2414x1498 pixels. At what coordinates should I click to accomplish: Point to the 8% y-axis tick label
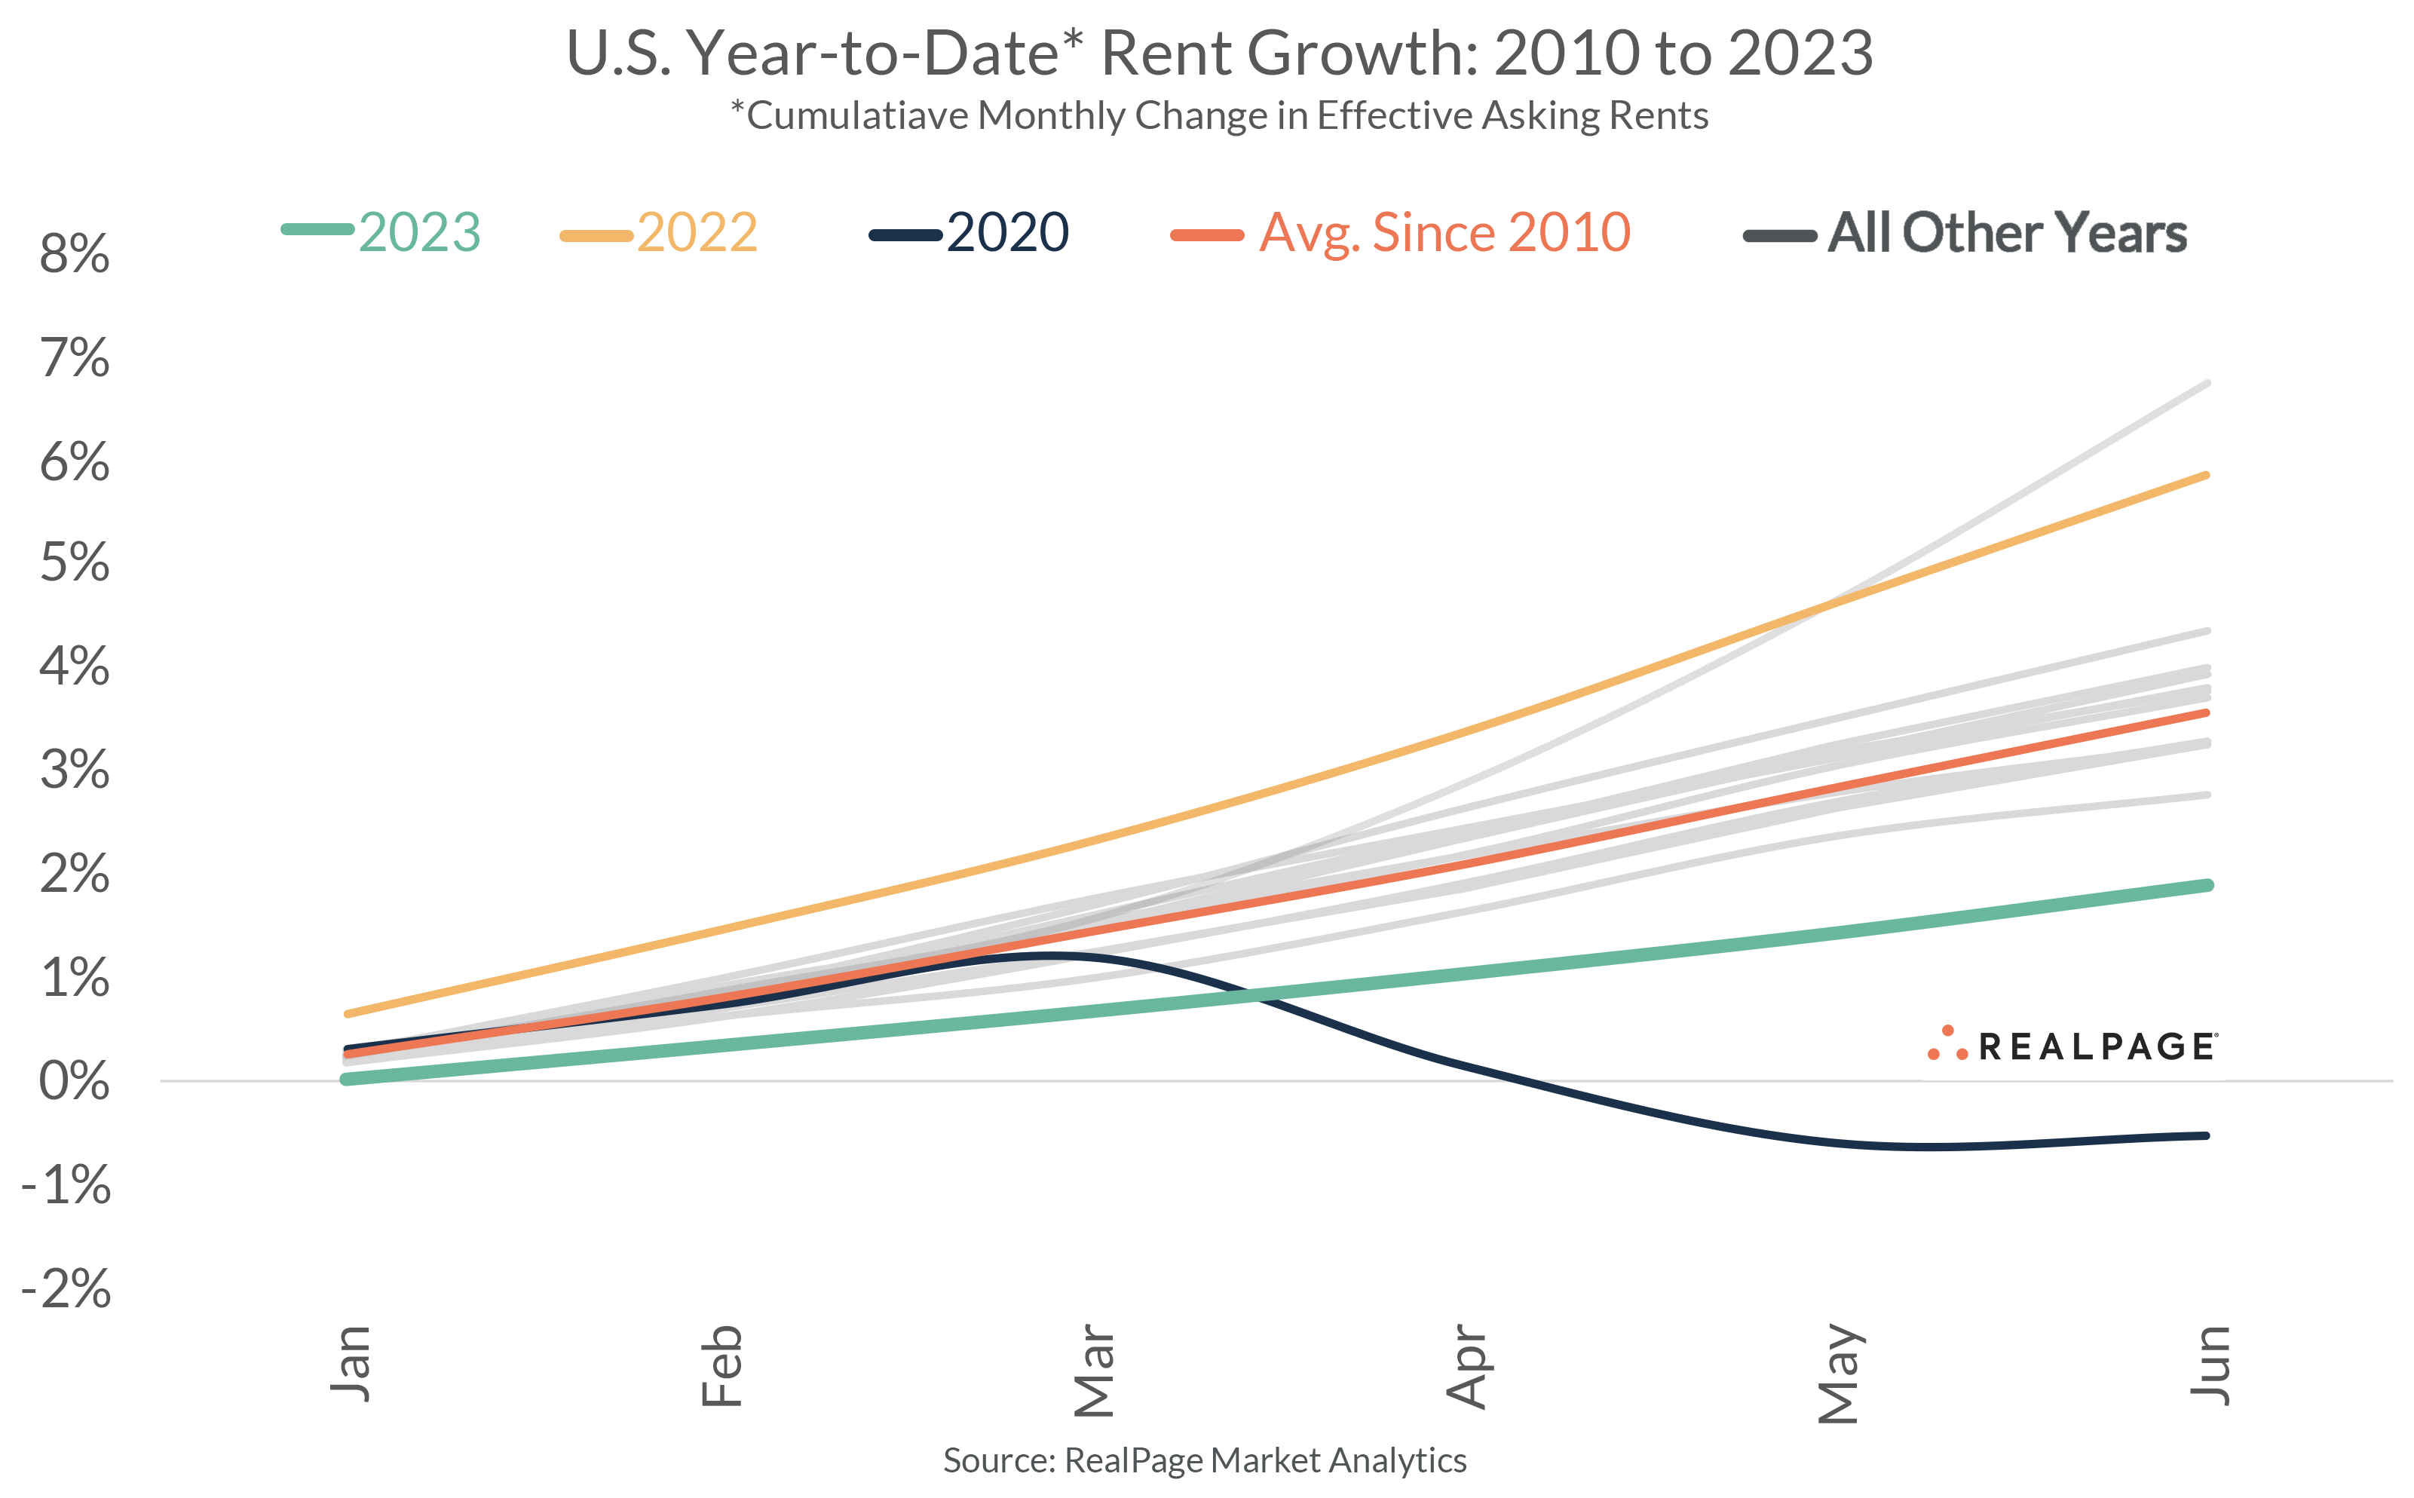[75, 255]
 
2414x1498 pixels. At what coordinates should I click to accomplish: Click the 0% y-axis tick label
[75, 1081]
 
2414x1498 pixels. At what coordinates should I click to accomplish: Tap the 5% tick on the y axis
[75, 562]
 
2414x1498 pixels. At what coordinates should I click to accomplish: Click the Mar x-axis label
[1094, 1370]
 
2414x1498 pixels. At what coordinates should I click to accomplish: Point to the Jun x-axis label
[2209, 1365]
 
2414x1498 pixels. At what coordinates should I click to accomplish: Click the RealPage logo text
[2095, 1047]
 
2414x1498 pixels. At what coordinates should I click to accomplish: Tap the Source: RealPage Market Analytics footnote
[1205, 1460]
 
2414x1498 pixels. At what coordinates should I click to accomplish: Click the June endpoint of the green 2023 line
[2206, 885]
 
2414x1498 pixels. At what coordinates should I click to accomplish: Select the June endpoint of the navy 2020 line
[2206, 1135]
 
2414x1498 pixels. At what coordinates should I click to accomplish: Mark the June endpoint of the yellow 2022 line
[2206, 476]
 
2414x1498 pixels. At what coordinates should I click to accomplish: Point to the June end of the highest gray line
[2207, 382]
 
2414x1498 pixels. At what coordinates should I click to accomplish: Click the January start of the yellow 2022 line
[348, 1013]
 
